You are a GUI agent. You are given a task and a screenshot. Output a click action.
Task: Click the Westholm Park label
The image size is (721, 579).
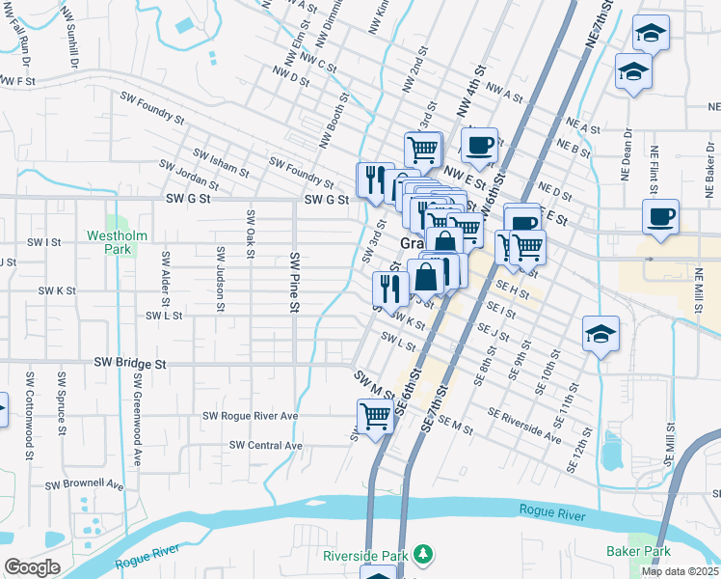(x=115, y=241)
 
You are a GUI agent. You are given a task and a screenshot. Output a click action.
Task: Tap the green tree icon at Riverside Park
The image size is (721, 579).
(x=422, y=554)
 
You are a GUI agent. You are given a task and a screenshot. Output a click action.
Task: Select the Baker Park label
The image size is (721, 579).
(x=638, y=552)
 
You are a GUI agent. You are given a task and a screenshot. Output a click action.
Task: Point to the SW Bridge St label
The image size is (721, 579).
(x=130, y=364)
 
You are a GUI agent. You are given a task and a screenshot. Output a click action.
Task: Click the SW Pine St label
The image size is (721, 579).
(x=294, y=283)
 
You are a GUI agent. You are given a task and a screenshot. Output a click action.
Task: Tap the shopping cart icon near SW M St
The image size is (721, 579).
(x=374, y=416)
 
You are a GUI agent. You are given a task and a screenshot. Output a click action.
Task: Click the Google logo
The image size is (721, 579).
(x=32, y=567)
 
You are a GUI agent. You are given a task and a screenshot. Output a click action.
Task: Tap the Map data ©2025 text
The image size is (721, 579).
(x=680, y=571)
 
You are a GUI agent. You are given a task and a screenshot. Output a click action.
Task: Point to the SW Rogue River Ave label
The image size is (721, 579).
(x=250, y=416)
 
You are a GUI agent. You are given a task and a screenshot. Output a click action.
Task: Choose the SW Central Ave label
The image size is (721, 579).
(x=266, y=445)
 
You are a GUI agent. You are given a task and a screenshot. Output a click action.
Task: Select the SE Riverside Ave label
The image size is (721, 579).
(x=524, y=425)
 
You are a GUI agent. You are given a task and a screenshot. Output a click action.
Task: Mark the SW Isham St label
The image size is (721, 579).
(x=221, y=158)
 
